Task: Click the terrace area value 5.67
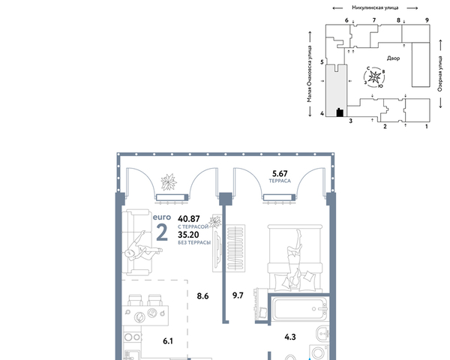280,174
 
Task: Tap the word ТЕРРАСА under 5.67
280,181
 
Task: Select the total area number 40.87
188,219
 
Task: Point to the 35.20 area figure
188,235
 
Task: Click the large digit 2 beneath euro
162,232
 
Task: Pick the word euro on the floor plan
162,217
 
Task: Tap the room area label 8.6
202,296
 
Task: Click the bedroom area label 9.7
238,295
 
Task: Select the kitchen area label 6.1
168,341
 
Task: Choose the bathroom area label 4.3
290,337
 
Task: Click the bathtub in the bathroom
300,310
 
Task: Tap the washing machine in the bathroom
319,352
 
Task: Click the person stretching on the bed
295,258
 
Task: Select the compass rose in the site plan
374,77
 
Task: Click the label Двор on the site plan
393,58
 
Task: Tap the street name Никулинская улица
375,7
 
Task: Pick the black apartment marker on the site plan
340,112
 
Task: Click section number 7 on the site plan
374,20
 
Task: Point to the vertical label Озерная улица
440,73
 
